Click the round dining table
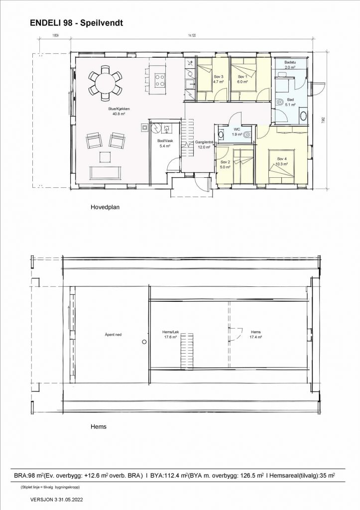coord(105,83)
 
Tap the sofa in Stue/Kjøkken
coord(105,173)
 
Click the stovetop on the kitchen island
coord(160,80)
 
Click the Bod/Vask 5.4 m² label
coord(164,144)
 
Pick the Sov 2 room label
coord(225,165)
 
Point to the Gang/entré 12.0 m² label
coord(204,144)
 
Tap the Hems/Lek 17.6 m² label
coord(171,334)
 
